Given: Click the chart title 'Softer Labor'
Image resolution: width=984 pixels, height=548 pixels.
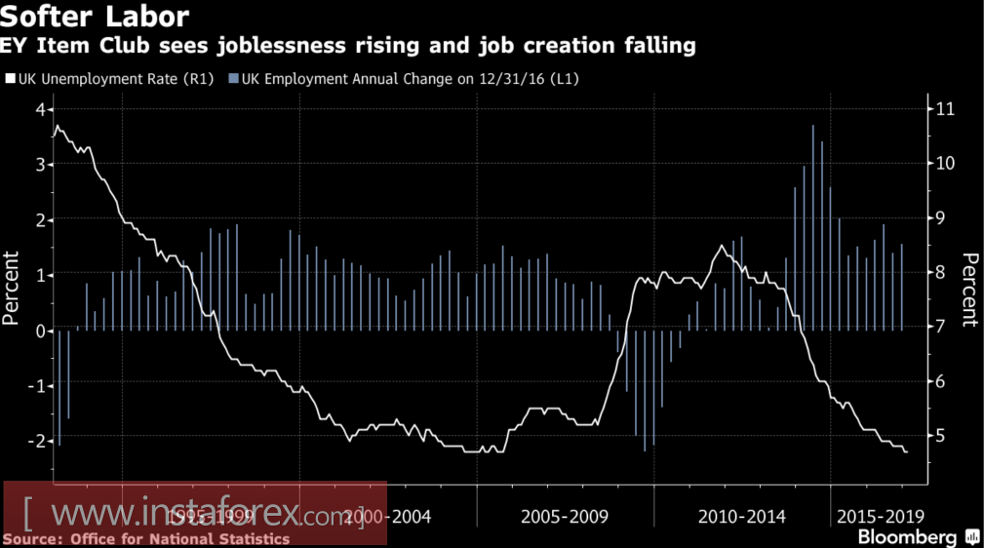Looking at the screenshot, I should point(95,17).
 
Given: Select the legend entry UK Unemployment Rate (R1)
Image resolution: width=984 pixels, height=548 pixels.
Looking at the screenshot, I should point(108,78).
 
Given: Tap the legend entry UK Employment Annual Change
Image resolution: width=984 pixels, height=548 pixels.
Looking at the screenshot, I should point(409,78).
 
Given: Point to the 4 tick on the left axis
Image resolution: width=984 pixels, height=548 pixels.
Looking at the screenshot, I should point(41,109).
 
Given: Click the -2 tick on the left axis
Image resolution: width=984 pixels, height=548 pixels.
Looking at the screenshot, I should point(38,441).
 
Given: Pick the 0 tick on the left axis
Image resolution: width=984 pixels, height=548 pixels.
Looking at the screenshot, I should point(41,331).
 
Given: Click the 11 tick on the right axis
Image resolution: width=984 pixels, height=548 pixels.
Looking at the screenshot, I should point(943,108).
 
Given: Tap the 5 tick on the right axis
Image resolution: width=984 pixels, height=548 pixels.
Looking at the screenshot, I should point(938,437).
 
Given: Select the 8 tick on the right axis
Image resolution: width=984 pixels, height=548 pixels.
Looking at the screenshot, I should point(938,273).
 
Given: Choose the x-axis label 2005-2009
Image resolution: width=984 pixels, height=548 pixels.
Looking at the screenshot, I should point(565,516).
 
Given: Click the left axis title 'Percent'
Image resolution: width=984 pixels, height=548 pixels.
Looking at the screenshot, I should point(13,288).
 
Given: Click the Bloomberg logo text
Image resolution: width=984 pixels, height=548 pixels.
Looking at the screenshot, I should point(906,537).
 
